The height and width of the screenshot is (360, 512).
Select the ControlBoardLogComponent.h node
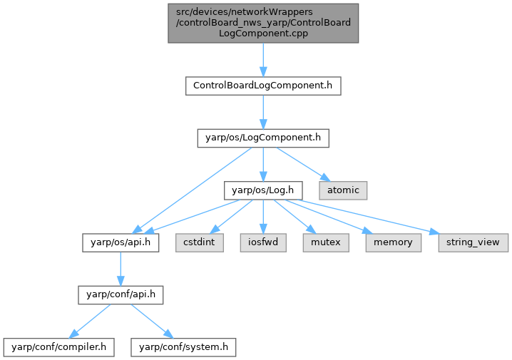tap(262, 86)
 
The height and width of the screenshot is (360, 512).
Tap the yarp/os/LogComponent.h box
tap(262, 138)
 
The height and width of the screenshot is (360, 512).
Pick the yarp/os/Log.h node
tap(263, 190)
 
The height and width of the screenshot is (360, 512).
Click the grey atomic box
tap(343, 190)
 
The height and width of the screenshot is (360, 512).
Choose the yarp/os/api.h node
tap(120, 242)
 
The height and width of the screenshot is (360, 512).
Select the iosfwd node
tap(263, 242)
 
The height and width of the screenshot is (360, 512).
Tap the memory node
tap(393, 242)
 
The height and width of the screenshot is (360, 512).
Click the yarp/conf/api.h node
tap(120, 294)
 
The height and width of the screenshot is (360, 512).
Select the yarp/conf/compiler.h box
tap(59, 347)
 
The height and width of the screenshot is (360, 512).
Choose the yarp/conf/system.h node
tap(183, 347)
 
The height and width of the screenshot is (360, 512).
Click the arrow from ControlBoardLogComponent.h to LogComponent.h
tap(262, 111)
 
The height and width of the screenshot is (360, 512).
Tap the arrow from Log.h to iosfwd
tap(263, 216)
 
